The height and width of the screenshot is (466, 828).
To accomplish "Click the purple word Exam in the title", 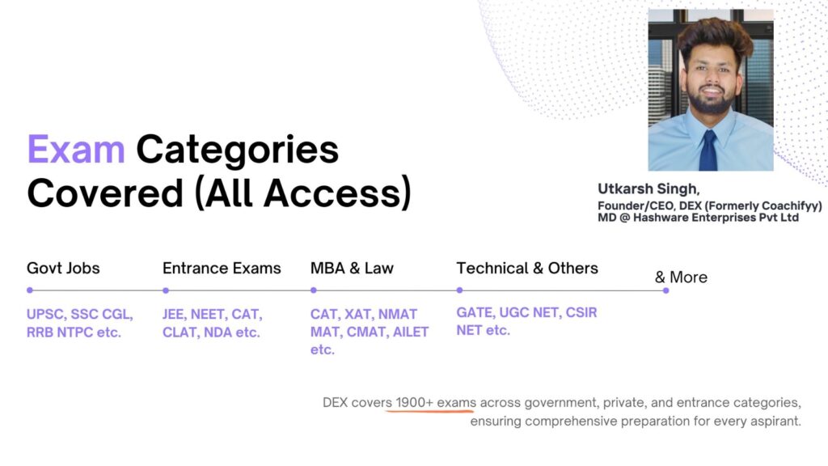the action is coord(76,150).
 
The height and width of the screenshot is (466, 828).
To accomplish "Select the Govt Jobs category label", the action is coord(63,269).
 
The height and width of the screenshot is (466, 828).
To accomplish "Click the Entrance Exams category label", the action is coord(222,269).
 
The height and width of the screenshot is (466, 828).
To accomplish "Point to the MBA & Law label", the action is coord(352,269).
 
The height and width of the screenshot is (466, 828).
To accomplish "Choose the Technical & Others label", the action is coord(527,269).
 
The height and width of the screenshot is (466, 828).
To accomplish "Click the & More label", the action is coord(681,277).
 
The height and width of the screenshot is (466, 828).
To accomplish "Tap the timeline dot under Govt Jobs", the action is coord(30,290).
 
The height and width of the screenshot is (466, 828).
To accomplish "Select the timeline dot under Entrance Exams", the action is coord(166,290).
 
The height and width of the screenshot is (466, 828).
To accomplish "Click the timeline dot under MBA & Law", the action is coord(314,290).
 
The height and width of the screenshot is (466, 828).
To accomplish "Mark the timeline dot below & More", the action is coord(666,290).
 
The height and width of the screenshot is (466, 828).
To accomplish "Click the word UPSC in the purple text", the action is coord(46,315).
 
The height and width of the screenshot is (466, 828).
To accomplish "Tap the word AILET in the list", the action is coord(411,333).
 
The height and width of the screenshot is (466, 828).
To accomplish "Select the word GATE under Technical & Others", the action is coord(475,313).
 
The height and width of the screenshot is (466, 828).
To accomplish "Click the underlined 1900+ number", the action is coord(415,403).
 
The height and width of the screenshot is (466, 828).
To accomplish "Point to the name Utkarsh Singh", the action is coord(648,189).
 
